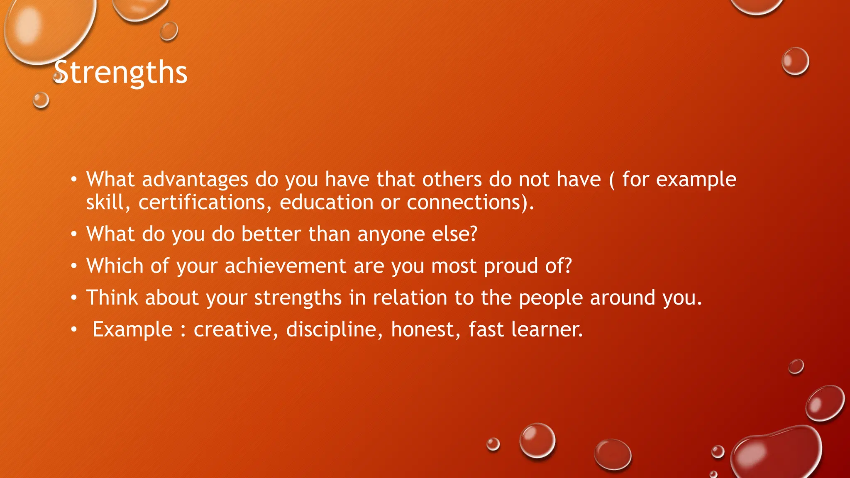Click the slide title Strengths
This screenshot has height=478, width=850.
coord(120,73)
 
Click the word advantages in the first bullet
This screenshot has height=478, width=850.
coord(195,180)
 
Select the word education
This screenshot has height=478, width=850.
coord(327,203)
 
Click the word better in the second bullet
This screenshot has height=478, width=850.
coord(271,234)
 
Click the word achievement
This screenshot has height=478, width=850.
coord(285,266)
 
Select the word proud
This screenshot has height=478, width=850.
coord(510,266)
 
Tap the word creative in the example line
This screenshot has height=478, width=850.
coord(233,329)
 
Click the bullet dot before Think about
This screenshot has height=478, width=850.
coord(74,298)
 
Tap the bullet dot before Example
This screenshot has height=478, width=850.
coord(74,329)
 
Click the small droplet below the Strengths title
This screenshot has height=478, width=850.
coord(41,100)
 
